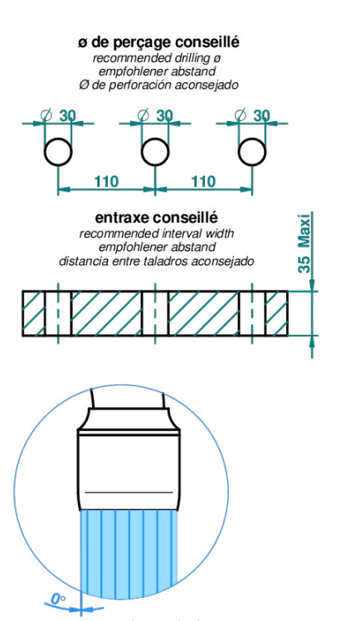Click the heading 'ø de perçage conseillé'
click(158, 42)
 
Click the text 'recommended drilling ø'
click(157, 58)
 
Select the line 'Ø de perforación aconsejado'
click(158, 85)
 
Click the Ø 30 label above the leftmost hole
click(58, 115)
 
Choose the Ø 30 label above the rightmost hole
click(252, 115)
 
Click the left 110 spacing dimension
click(106, 182)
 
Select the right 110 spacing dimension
click(203, 182)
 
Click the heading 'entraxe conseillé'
click(157, 218)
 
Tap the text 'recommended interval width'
click(157, 234)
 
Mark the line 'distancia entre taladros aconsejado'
click(157, 261)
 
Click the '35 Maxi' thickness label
click(304, 244)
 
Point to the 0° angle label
click(58, 599)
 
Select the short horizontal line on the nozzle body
click(129, 492)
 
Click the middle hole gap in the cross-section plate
click(155, 313)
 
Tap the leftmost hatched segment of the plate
click(34, 313)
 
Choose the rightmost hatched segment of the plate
click(276, 313)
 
